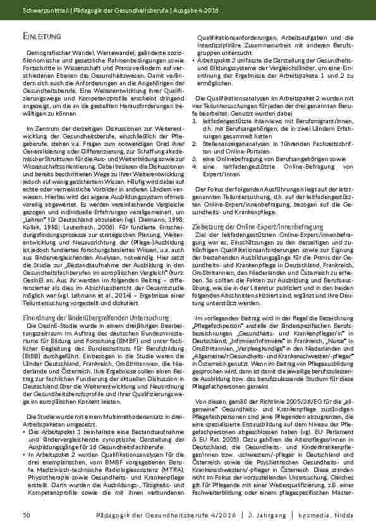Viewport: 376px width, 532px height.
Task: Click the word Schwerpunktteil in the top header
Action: pos(43,11)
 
